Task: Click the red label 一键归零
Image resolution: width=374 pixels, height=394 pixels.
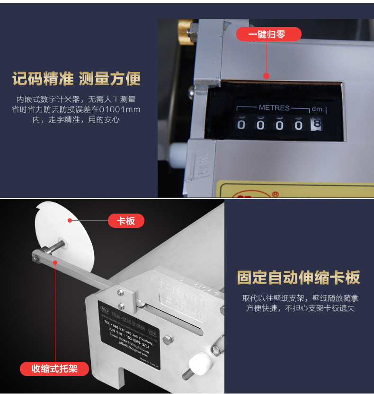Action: [x=268, y=34]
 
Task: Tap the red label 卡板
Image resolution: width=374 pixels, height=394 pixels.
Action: [x=126, y=221]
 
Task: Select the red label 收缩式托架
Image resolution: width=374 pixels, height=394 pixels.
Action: [x=54, y=368]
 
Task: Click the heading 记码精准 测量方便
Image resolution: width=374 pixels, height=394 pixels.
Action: [x=77, y=79]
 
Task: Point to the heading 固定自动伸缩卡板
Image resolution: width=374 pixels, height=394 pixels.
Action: [x=298, y=278]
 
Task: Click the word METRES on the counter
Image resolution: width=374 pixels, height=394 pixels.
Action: [x=274, y=107]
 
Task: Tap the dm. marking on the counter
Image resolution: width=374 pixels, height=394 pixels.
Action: [x=318, y=108]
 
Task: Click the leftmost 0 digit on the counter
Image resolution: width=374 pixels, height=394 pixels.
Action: [x=241, y=125]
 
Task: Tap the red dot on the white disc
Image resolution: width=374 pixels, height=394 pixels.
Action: [x=70, y=220]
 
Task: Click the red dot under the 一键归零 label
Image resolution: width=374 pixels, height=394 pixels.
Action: [x=266, y=75]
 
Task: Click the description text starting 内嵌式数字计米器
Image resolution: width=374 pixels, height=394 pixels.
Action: [x=77, y=109]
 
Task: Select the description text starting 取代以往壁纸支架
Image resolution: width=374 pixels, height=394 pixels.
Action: [x=298, y=303]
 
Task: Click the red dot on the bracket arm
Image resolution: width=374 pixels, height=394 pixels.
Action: [x=55, y=262]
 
